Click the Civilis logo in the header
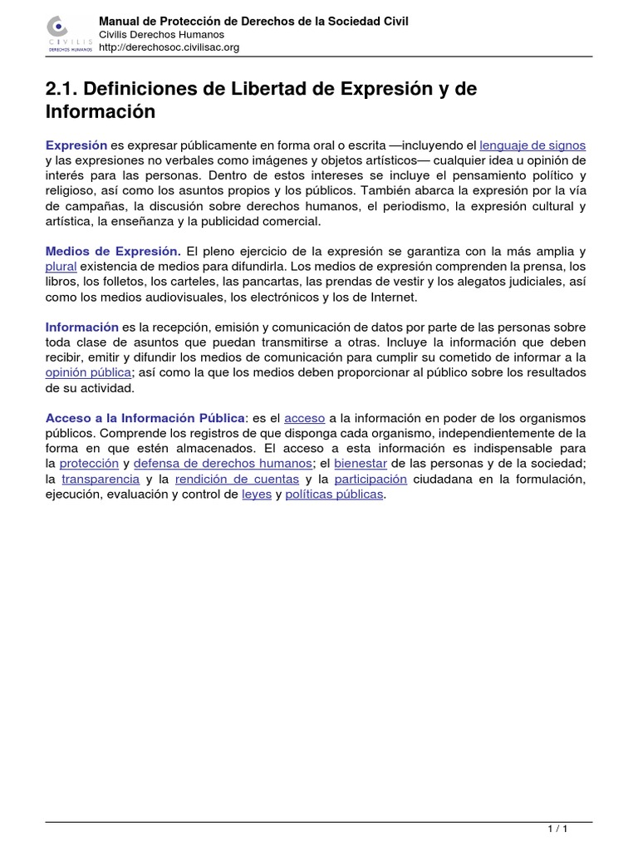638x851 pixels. [x=69, y=35]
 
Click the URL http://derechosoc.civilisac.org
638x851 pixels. [x=169, y=48]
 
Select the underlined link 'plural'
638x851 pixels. [x=61, y=267]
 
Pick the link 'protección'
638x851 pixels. [x=89, y=463]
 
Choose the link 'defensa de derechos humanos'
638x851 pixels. [x=223, y=463]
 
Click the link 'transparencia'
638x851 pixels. [x=100, y=479]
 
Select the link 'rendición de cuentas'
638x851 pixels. [x=238, y=479]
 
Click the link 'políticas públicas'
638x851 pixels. [x=335, y=494]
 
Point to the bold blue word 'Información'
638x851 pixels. [x=82, y=327]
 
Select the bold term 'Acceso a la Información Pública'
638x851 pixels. [x=145, y=417]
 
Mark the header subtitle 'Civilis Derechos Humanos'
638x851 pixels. [x=156, y=35]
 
